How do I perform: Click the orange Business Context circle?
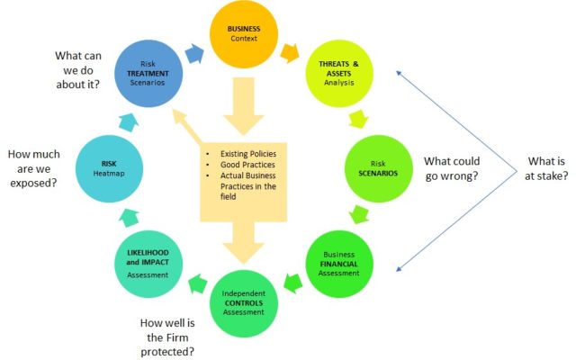(x=244, y=34)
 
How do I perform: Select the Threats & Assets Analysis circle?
(x=339, y=74)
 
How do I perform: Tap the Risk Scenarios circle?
(x=378, y=168)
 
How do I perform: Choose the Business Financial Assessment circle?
(x=339, y=264)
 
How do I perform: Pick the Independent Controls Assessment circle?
(x=244, y=303)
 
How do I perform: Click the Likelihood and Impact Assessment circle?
(x=148, y=264)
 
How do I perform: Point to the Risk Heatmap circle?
(x=109, y=168)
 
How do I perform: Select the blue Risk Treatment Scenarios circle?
(x=148, y=74)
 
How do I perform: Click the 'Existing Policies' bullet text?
(x=248, y=154)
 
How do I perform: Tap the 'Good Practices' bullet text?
(x=247, y=165)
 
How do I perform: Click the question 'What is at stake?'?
(x=546, y=168)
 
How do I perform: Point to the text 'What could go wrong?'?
(x=452, y=168)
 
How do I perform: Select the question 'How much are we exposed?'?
(x=34, y=168)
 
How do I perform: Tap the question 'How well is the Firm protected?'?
(x=167, y=337)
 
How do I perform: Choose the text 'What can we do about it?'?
(x=78, y=70)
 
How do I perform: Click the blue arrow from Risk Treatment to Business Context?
(x=194, y=54)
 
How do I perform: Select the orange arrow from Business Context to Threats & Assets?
(x=290, y=53)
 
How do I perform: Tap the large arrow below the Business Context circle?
(x=244, y=106)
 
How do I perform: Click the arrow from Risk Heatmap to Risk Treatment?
(x=128, y=122)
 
